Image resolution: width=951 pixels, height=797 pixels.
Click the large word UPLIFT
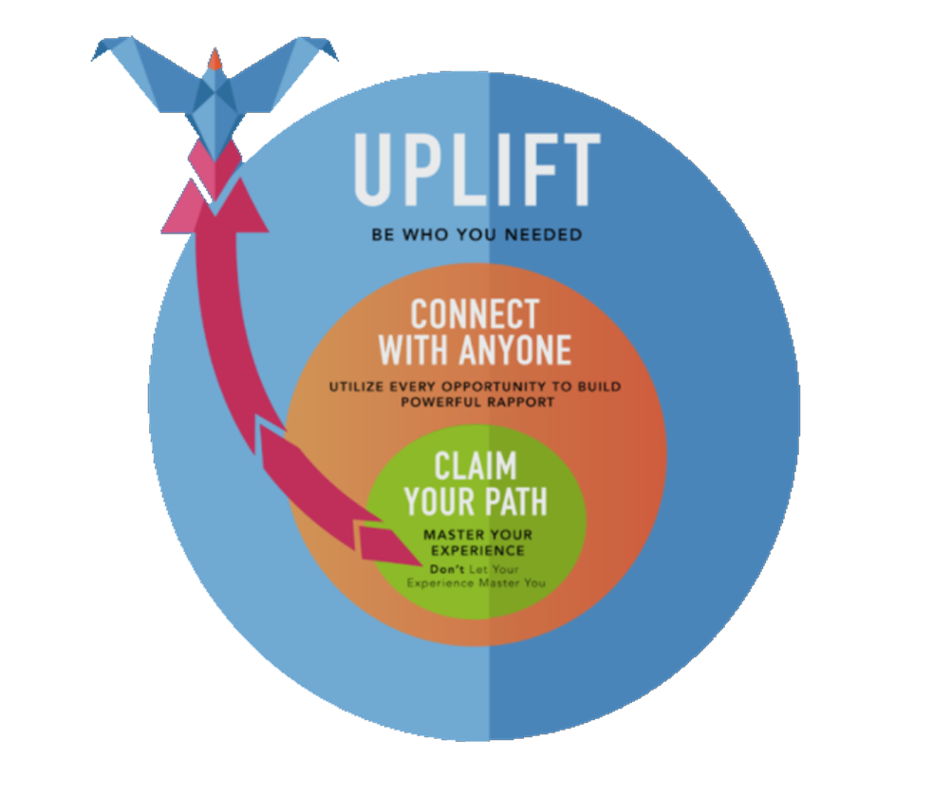click(x=477, y=170)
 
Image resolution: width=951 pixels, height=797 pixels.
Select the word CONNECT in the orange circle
click(x=474, y=314)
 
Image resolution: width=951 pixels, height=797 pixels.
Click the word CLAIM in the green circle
click(x=475, y=465)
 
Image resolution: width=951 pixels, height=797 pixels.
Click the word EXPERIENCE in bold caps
click(x=477, y=550)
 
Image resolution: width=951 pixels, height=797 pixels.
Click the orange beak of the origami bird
click(x=215, y=61)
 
